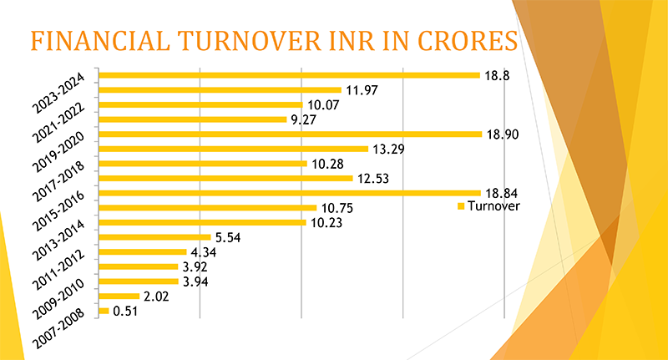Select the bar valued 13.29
pyautogui.click(x=233, y=149)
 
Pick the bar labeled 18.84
pyautogui.click(x=290, y=193)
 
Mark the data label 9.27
pyautogui.click(x=301, y=119)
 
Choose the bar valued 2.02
pyautogui.click(x=119, y=297)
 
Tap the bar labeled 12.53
pyautogui.click(x=225, y=178)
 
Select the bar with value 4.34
pyautogui.click(x=142, y=251)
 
